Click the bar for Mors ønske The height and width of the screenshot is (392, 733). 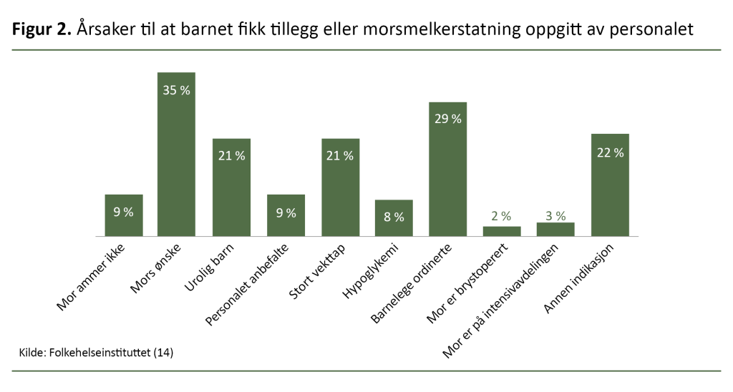(x=176, y=154)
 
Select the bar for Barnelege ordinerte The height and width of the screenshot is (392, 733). (x=447, y=169)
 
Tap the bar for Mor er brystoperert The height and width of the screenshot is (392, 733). (x=502, y=231)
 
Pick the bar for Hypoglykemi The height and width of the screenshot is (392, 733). (x=394, y=218)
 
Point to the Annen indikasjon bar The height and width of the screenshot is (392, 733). (x=610, y=185)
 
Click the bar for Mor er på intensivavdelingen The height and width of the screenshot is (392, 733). (x=555, y=229)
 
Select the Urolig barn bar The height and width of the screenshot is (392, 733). (x=230, y=187)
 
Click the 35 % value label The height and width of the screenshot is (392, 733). (x=176, y=91)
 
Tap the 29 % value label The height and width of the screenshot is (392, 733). (x=447, y=119)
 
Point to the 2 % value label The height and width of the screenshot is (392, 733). (x=502, y=216)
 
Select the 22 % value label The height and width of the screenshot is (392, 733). (x=610, y=152)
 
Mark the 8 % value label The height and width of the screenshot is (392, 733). (x=394, y=217)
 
